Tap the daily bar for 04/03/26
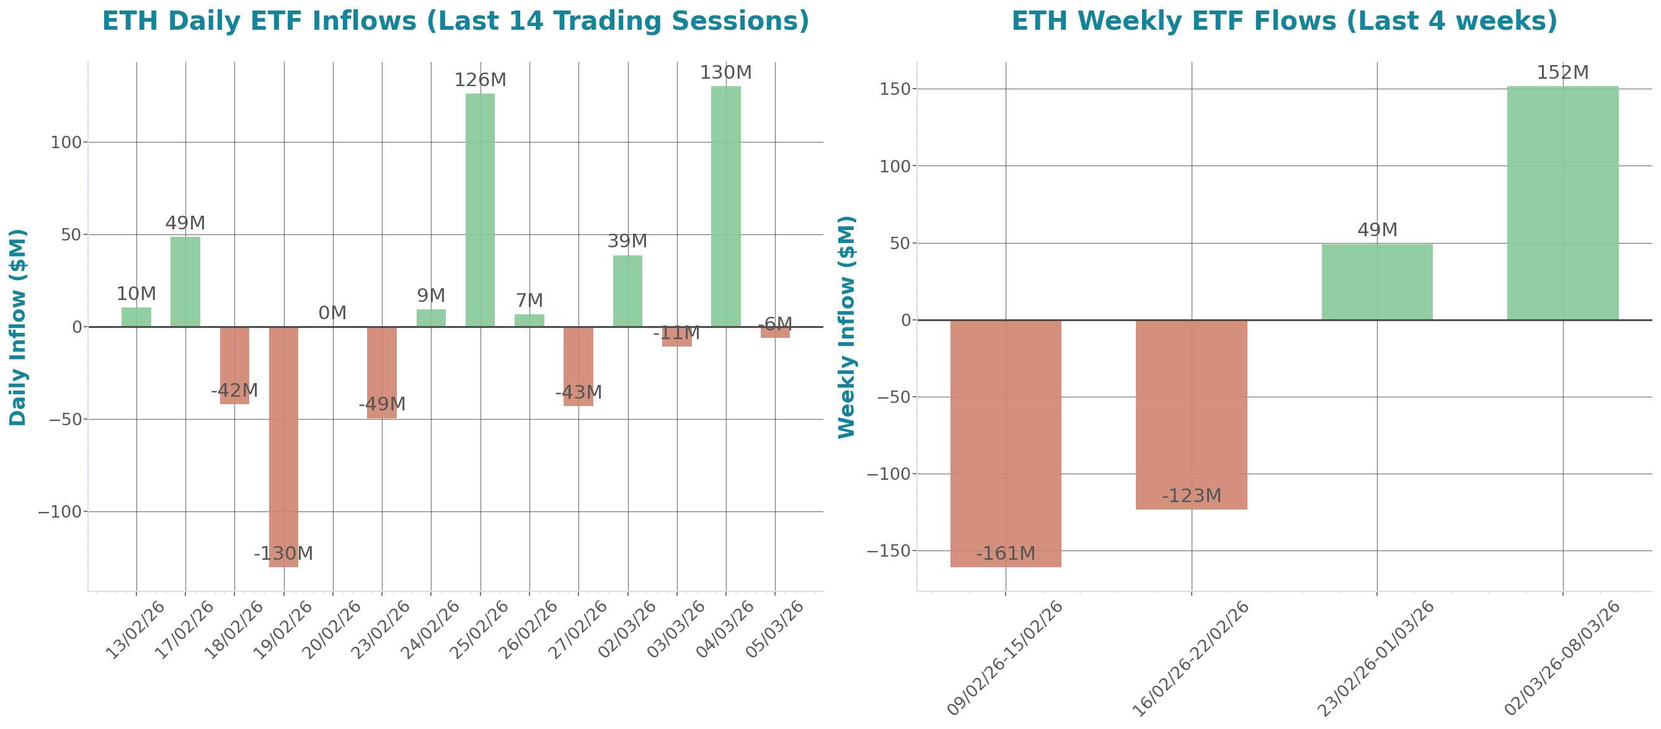725,206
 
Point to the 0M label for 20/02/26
332,312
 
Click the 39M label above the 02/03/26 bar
627,241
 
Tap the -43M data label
578,392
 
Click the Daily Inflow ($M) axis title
18,327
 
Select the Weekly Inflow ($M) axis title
846,327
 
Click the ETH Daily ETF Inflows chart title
455,20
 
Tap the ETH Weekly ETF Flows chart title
1284,20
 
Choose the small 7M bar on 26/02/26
529,320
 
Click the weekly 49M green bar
1376,281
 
